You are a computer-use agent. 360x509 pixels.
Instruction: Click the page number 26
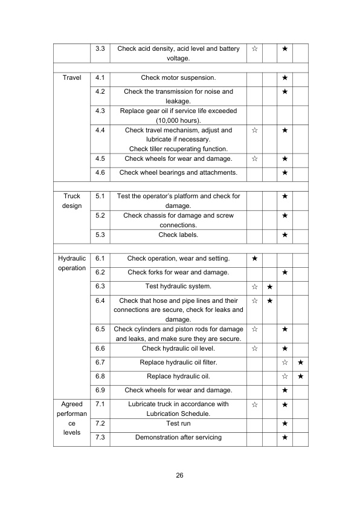pyautogui.click(x=179, y=475)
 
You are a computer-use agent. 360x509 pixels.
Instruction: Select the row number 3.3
pyautogui.click(x=100, y=48)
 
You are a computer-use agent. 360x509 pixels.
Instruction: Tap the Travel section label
pyautogui.click(x=71, y=78)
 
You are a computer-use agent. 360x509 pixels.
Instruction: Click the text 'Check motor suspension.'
pyautogui.click(x=178, y=78)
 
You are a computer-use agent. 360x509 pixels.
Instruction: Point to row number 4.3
pyautogui.click(x=100, y=111)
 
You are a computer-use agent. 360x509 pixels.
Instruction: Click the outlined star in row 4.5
pyautogui.click(x=254, y=159)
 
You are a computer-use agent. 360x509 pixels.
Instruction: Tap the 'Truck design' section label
pyautogui.click(x=71, y=201)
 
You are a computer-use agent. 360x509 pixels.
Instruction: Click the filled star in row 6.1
pyautogui.click(x=254, y=259)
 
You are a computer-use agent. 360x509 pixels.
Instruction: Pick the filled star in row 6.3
pyautogui.click(x=270, y=286)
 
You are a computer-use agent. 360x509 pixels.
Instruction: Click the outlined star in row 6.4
pyautogui.click(x=254, y=300)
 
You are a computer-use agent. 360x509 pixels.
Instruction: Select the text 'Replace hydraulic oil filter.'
pyautogui.click(x=178, y=363)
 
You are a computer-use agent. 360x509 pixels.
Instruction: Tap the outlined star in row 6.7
pyautogui.click(x=284, y=363)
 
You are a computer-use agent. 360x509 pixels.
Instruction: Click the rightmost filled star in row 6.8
pyautogui.click(x=300, y=377)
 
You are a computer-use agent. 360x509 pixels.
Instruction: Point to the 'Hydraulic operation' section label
pyautogui.click(x=71, y=263)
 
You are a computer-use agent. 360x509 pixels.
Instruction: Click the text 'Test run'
pyautogui.click(x=178, y=424)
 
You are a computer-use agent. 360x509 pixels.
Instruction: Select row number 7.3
pyautogui.click(x=100, y=437)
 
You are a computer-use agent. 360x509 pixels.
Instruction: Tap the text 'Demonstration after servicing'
pyautogui.click(x=178, y=437)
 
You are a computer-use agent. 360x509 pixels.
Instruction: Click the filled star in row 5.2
pyautogui.click(x=284, y=216)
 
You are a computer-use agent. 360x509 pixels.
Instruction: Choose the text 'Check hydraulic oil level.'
pyautogui.click(x=178, y=348)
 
